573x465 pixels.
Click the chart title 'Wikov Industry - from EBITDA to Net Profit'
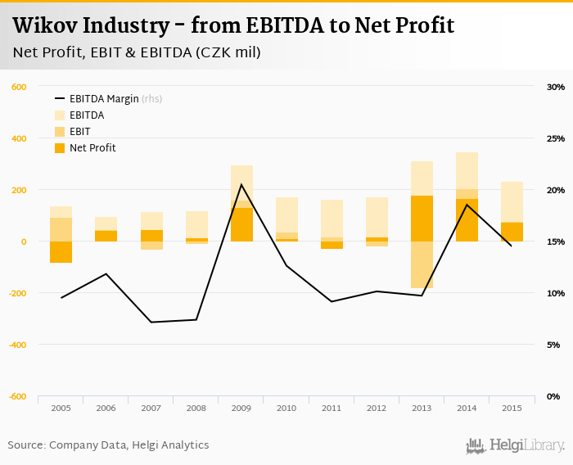click(233, 26)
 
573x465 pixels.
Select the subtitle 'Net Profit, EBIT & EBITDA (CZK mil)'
click(137, 53)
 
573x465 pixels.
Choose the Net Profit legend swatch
click(61, 148)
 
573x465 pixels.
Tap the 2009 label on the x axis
click(241, 408)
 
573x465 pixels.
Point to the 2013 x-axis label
click(422, 408)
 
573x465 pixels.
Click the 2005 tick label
click(61, 408)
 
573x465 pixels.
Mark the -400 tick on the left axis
click(17, 345)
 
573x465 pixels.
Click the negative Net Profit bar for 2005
click(61, 252)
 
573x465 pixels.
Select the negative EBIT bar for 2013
click(422, 265)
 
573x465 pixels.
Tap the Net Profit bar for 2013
click(422, 219)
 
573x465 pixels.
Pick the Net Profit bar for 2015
click(512, 232)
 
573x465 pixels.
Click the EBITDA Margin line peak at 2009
click(241, 184)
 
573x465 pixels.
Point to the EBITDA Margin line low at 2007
click(151, 322)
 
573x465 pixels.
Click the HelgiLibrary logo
click(516, 445)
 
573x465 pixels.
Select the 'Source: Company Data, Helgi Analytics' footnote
click(108, 445)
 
